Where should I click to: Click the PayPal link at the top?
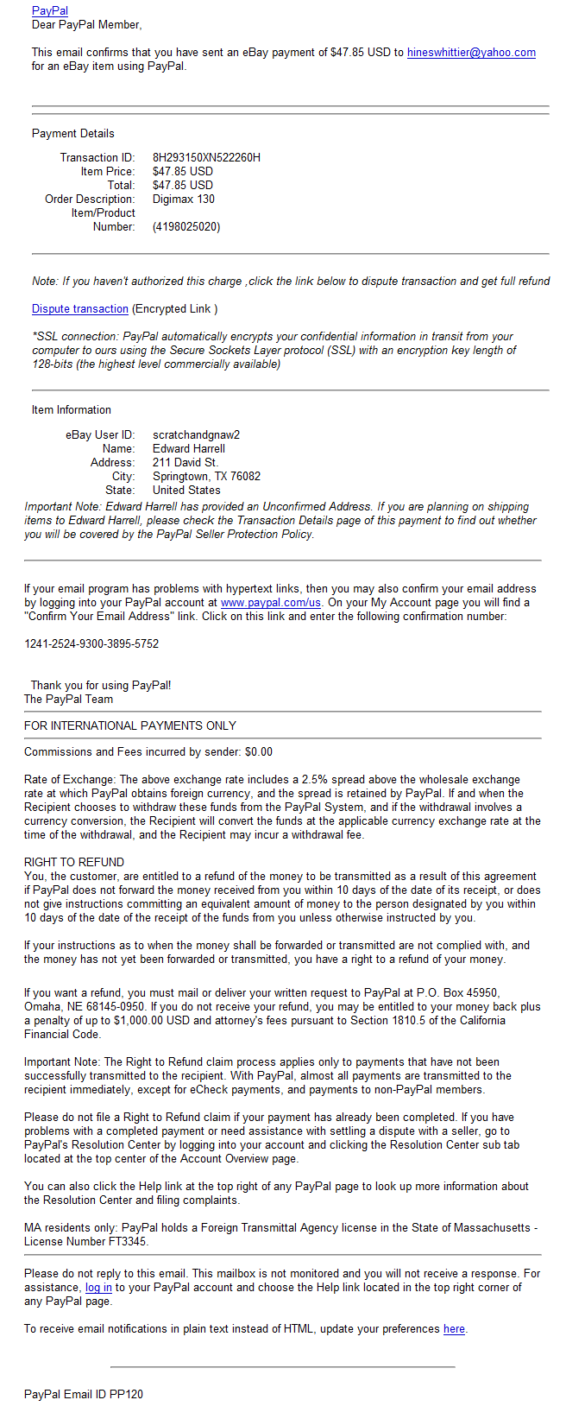[50, 11]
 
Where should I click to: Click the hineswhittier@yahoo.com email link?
[471, 53]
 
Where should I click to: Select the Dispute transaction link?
[80, 309]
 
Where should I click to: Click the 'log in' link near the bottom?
[98, 1288]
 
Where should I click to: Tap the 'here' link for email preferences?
[454, 1329]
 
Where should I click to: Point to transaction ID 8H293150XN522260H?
[206, 157]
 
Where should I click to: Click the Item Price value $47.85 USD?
[183, 171]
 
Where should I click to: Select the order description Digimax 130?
[184, 199]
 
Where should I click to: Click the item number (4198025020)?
[186, 227]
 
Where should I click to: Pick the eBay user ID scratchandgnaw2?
[196, 434]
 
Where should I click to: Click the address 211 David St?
[186, 462]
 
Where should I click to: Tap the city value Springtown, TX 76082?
[206, 476]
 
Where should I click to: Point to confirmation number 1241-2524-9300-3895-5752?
[91, 644]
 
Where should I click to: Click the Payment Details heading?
[73, 133]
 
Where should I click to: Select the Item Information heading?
[72, 410]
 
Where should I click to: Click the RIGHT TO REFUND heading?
[74, 862]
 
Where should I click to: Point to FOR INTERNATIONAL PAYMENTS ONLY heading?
[130, 725]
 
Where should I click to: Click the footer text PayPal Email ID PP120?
[84, 1394]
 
